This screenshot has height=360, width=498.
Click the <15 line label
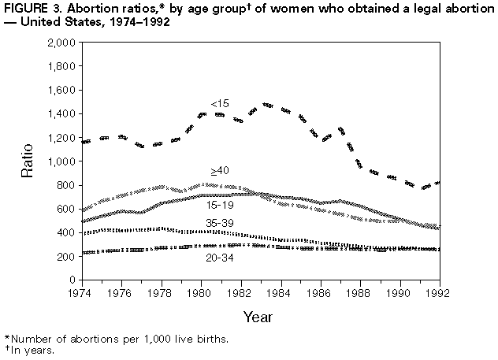[220, 104]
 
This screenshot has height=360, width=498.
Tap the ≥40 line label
[220, 170]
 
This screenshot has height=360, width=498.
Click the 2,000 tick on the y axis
[61, 43]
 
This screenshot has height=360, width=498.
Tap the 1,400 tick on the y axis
[61, 113]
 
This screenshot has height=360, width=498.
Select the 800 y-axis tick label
[66, 185]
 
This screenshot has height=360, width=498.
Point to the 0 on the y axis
[72, 280]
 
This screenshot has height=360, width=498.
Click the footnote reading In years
[31, 350]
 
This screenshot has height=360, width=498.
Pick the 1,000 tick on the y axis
[61, 161]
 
